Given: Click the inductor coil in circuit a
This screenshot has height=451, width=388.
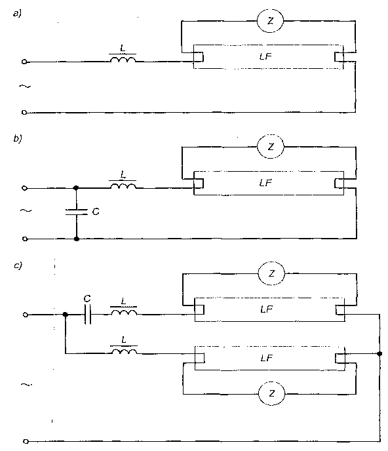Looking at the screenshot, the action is (123, 59).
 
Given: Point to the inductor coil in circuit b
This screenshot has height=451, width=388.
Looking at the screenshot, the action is (123, 186).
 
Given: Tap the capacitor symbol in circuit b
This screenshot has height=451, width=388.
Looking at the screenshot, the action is (77, 212).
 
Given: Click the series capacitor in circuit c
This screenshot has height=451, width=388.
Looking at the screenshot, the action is (88, 315).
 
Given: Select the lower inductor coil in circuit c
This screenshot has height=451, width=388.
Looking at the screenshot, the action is (125, 351).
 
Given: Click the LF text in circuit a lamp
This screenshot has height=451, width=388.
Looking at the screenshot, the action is (265, 56).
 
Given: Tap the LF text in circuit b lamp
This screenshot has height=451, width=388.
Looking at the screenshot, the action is (265, 183).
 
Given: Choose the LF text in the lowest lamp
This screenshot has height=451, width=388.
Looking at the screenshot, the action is (266, 358).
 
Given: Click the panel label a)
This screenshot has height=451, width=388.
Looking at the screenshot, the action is (17, 14).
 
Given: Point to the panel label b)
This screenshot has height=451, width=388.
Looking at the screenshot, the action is (18, 138).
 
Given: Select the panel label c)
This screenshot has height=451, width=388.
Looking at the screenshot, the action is (18, 265).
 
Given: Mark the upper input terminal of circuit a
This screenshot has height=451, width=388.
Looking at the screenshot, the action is (24, 62).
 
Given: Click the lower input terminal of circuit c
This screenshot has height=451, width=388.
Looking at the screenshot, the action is (26, 441).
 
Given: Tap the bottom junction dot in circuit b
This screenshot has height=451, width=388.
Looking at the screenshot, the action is (77, 239).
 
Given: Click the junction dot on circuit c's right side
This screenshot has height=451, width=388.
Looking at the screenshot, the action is (379, 353).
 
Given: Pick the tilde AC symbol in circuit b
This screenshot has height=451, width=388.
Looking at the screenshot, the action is (26, 210).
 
